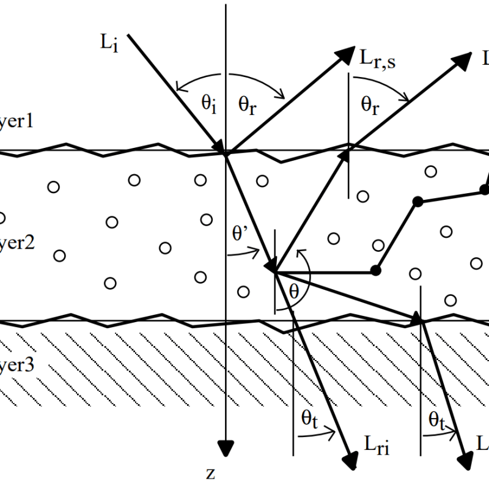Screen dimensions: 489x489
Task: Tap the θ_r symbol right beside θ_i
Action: (x=247, y=105)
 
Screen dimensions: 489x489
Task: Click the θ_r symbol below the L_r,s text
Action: (x=369, y=105)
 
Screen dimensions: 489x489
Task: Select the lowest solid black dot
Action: (x=376, y=270)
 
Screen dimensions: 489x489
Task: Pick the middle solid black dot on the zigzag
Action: (x=417, y=200)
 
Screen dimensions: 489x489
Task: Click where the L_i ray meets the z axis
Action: (x=227, y=153)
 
